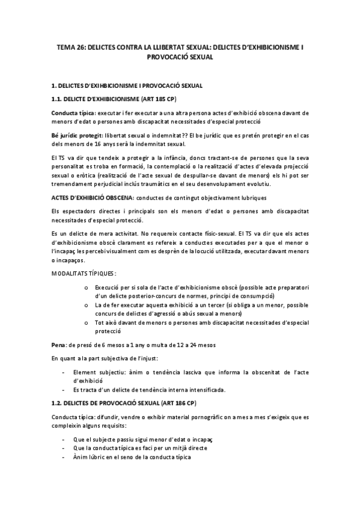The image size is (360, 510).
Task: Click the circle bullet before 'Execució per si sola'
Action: pyautogui.click(x=87, y=288)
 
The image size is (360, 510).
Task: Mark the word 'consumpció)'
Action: pyautogui.click(x=258, y=296)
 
